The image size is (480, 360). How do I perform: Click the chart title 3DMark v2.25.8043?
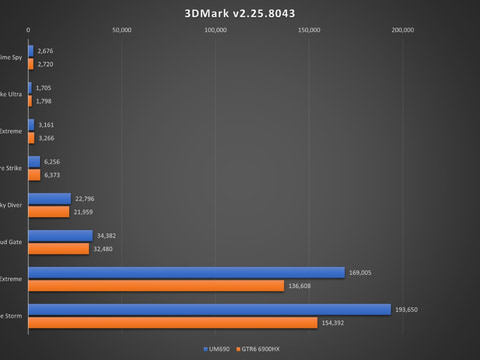[240, 14]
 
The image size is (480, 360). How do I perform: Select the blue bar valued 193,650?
[209, 309]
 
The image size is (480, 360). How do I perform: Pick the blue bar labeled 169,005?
[186, 272]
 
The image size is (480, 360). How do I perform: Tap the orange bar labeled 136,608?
[156, 285]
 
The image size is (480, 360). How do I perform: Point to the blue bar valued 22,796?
[49, 198]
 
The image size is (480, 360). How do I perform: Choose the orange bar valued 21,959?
[48, 211]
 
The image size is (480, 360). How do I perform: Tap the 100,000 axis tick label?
[215, 30]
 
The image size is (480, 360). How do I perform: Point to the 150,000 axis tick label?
[309, 30]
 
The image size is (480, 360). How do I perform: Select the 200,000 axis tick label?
[402, 30]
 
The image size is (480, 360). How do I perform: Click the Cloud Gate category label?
[12, 242]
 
